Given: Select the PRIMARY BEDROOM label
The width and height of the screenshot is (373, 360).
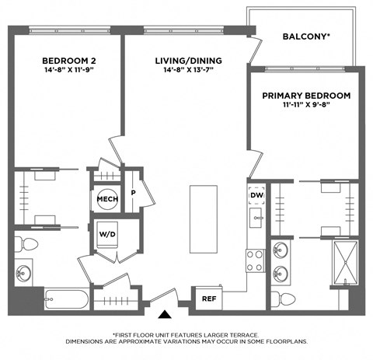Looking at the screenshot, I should [305, 96].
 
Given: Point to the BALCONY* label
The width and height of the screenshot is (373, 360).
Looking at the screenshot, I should [306, 37].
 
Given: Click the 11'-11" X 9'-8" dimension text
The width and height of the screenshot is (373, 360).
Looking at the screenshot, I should [305, 107].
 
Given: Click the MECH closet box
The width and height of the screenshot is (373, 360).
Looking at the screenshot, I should [106, 200].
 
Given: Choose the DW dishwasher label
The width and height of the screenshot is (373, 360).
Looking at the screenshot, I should [256, 195].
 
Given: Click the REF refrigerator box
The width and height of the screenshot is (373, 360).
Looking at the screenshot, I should [209, 298].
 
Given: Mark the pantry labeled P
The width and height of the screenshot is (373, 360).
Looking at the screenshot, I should [133, 193].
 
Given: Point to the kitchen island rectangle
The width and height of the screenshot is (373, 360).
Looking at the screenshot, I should [205, 218].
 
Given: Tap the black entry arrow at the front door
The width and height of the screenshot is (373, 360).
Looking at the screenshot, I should [165, 314].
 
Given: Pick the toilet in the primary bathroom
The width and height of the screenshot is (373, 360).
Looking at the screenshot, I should [286, 299].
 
